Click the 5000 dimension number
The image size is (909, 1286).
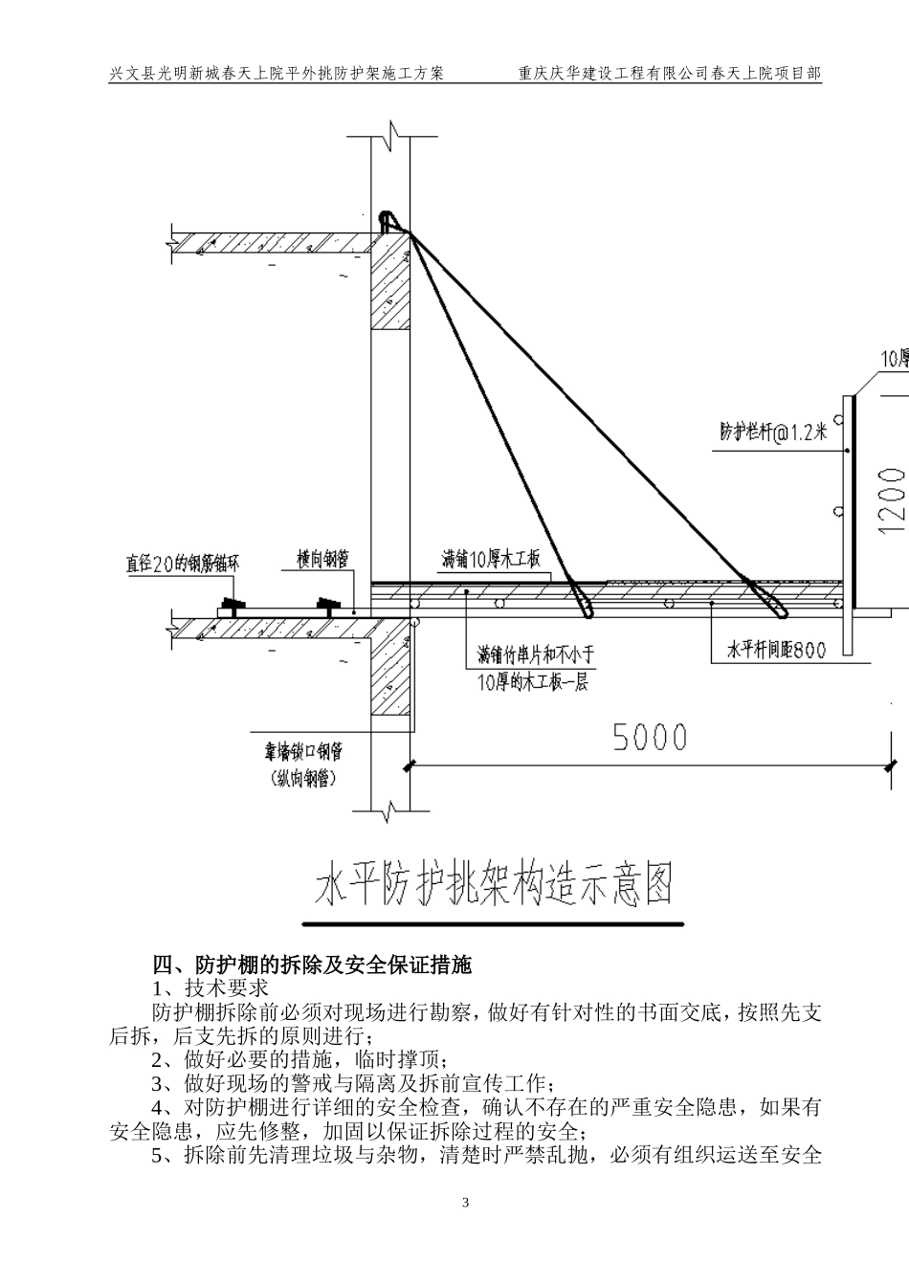[x=650, y=737]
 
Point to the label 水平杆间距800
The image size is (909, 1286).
[x=776, y=650]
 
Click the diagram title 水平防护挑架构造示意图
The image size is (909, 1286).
[x=493, y=884]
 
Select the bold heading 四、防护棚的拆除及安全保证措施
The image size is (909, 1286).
[x=313, y=964]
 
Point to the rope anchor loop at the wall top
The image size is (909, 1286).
[x=386, y=222]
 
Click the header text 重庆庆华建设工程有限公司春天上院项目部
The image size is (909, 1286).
[x=669, y=73]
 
